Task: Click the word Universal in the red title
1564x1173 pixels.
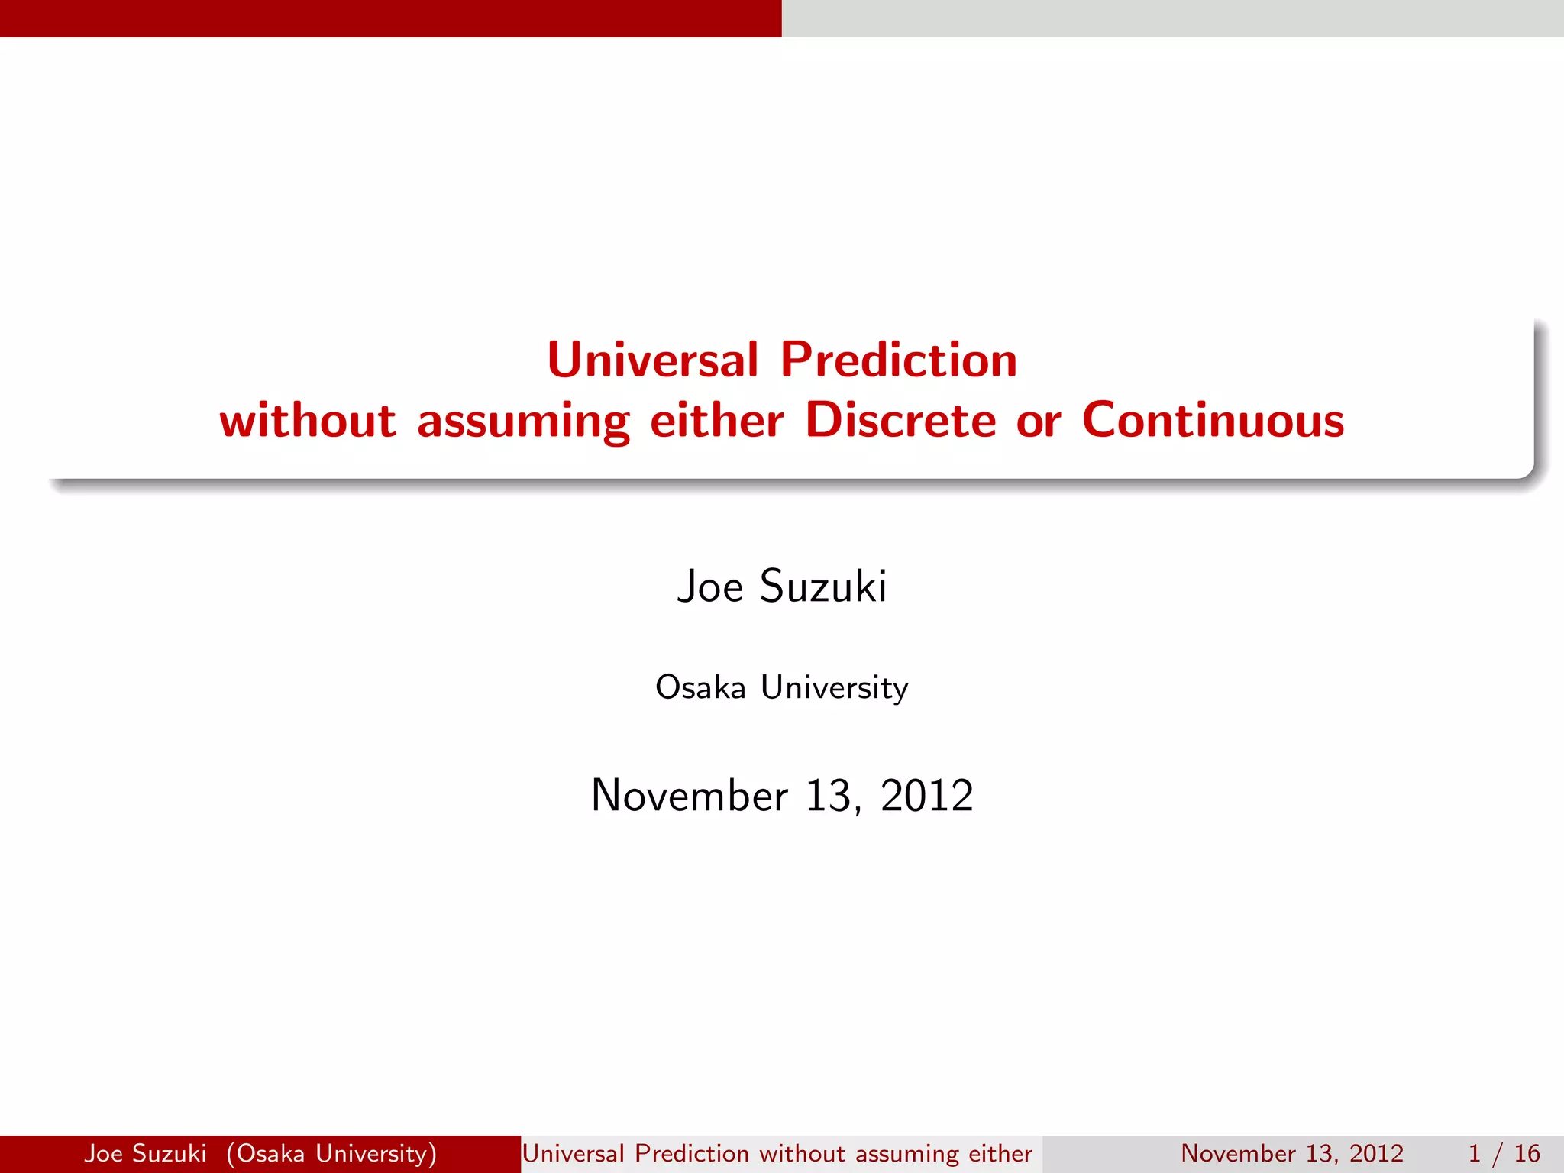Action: click(653, 360)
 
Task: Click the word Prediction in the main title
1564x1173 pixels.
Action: click(898, 360)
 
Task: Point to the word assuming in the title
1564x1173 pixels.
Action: click(523, 422)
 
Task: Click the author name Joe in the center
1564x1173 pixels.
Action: click(709, 586)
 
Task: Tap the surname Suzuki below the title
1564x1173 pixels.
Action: click(823, 586)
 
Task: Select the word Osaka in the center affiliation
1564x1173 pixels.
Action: click(700, 687)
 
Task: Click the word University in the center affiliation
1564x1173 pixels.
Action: click(835, 687)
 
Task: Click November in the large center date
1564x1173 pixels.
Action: click(690, 796)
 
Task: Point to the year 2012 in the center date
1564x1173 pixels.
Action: click(926, 796)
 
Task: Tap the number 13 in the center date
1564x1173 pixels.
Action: click(829, 796)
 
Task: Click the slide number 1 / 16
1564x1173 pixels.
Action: click(1504, 1153)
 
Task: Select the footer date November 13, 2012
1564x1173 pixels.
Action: click(1292, 1153)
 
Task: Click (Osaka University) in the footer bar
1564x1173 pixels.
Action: click(331, 1153)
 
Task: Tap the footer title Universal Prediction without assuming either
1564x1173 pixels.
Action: click(777, 1153)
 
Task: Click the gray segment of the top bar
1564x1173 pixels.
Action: click(1172, 18)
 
